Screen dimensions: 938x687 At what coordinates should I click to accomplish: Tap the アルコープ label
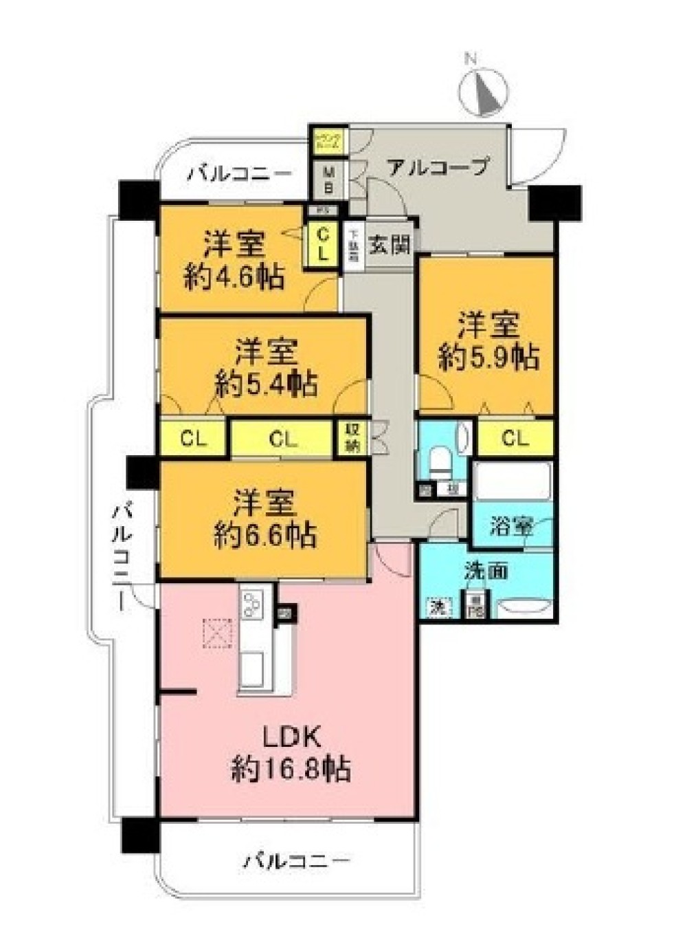click(438, 166)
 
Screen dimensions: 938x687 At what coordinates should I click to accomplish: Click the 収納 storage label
click(352, 437)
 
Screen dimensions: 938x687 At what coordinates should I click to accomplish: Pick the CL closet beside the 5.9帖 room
click(515, 437)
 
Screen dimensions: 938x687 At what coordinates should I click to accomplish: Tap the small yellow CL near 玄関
click(322, 243)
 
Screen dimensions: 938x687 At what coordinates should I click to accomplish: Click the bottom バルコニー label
click(297, 860)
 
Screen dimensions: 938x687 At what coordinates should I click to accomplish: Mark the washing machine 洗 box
click(437, 607)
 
